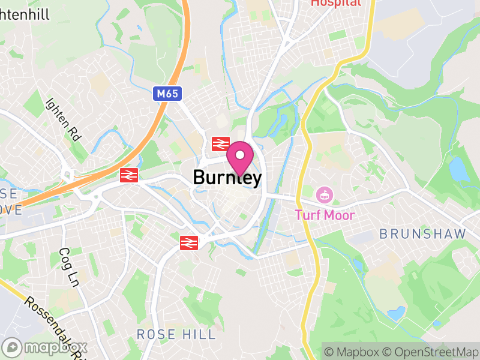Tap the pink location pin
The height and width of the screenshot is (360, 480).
tap(240, 157)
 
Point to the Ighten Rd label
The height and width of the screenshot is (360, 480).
tap(62, 118)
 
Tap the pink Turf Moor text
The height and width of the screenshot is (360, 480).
tap(325, 215)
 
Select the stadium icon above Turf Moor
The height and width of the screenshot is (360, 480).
tap(325, 194)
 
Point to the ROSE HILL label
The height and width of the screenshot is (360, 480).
tap(176, 334)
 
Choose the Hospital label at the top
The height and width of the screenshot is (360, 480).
tap(336, 3)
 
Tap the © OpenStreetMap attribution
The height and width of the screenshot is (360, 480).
tap(431, 352)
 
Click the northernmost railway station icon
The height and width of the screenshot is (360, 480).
tap(221, 143)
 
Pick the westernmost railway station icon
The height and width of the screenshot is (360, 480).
tap(128, 175)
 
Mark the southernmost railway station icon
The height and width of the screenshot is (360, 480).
tap(189, 242)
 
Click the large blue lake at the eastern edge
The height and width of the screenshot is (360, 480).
tap(459, 170)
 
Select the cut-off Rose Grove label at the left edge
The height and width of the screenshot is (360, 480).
tap(10, 202)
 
